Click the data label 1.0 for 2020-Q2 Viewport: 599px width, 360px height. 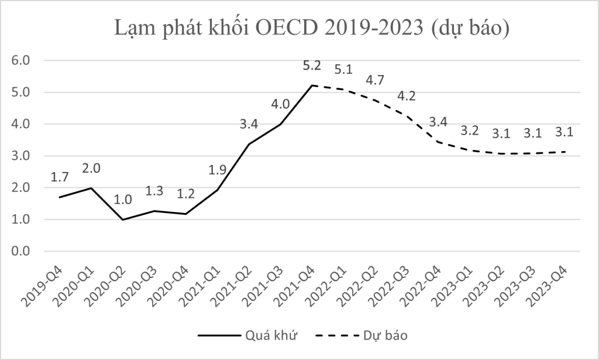[x=123, y=200]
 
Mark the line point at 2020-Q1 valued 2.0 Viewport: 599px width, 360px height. [x=91, y=188]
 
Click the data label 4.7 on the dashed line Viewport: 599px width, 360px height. [x=375, y=80]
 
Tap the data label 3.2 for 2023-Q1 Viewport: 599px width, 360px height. [x=470, y=131]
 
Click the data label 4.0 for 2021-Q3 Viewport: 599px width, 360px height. [x=281, y=104]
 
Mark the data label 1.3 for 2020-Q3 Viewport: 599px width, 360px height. [x=155, y=191]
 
